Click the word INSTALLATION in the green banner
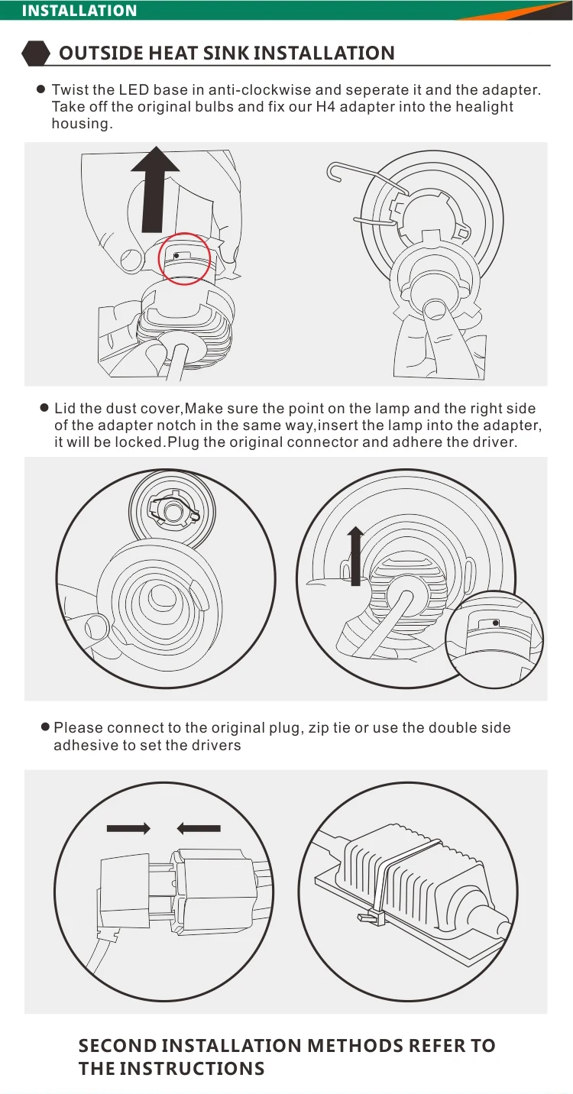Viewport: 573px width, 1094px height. (x=79, y=10)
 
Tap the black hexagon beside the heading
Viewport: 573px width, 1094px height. (x=36, y=53)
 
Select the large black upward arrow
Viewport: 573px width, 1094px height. (x=155, y=189)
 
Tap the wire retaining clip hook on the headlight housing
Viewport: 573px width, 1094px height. (x=335, y=171)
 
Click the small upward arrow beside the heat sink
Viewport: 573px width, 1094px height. (x=355, y=556)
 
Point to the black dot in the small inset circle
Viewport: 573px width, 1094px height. (x=496, y=623)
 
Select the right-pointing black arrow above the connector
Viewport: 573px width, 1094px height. (x=128, y=828)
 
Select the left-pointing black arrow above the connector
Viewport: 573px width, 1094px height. (x=199, y=828)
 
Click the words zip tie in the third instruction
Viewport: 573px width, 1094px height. (x=329, y=728)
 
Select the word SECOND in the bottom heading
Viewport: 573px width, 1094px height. (x=116, y=1046)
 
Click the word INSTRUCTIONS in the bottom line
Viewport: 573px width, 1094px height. (x=193, y=1068)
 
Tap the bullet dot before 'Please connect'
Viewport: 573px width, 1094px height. (x=45, y=727)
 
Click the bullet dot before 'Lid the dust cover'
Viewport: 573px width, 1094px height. (x=45, y=408)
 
